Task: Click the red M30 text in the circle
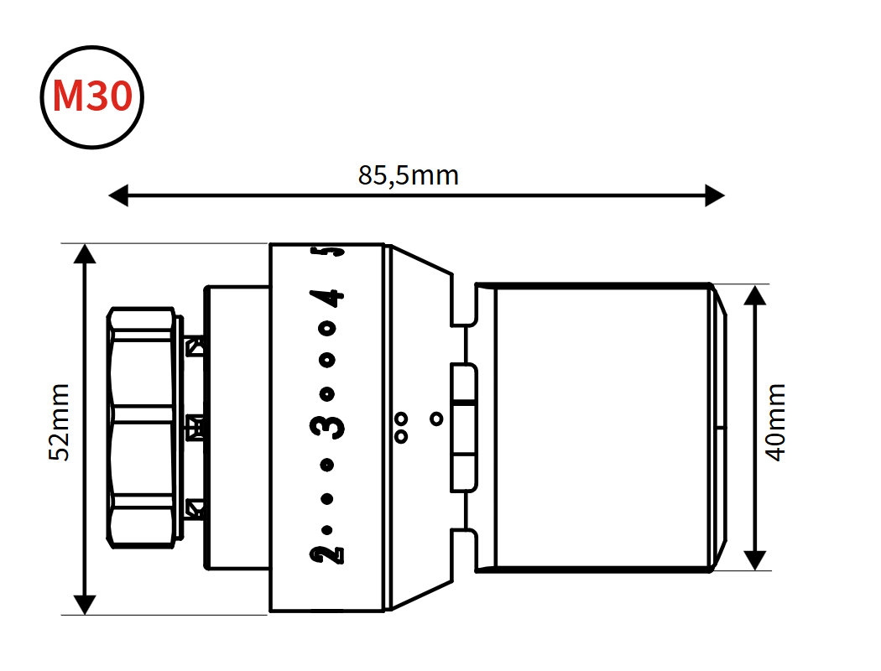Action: [x=92, y=96]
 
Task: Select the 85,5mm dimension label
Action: [x=409, y=175]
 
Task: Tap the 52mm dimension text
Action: [x=59, y=422]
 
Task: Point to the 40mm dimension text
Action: [x=776, y=422]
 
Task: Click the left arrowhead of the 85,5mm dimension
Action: [x=118, y=195]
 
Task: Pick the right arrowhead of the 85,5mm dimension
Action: [x=715, y=195]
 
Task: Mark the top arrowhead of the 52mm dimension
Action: [x=85, y=254]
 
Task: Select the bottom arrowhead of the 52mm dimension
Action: [x=85, y=605]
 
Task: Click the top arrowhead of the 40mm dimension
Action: [x=755, y=294]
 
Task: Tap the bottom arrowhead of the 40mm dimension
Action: [x=755, y=559]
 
